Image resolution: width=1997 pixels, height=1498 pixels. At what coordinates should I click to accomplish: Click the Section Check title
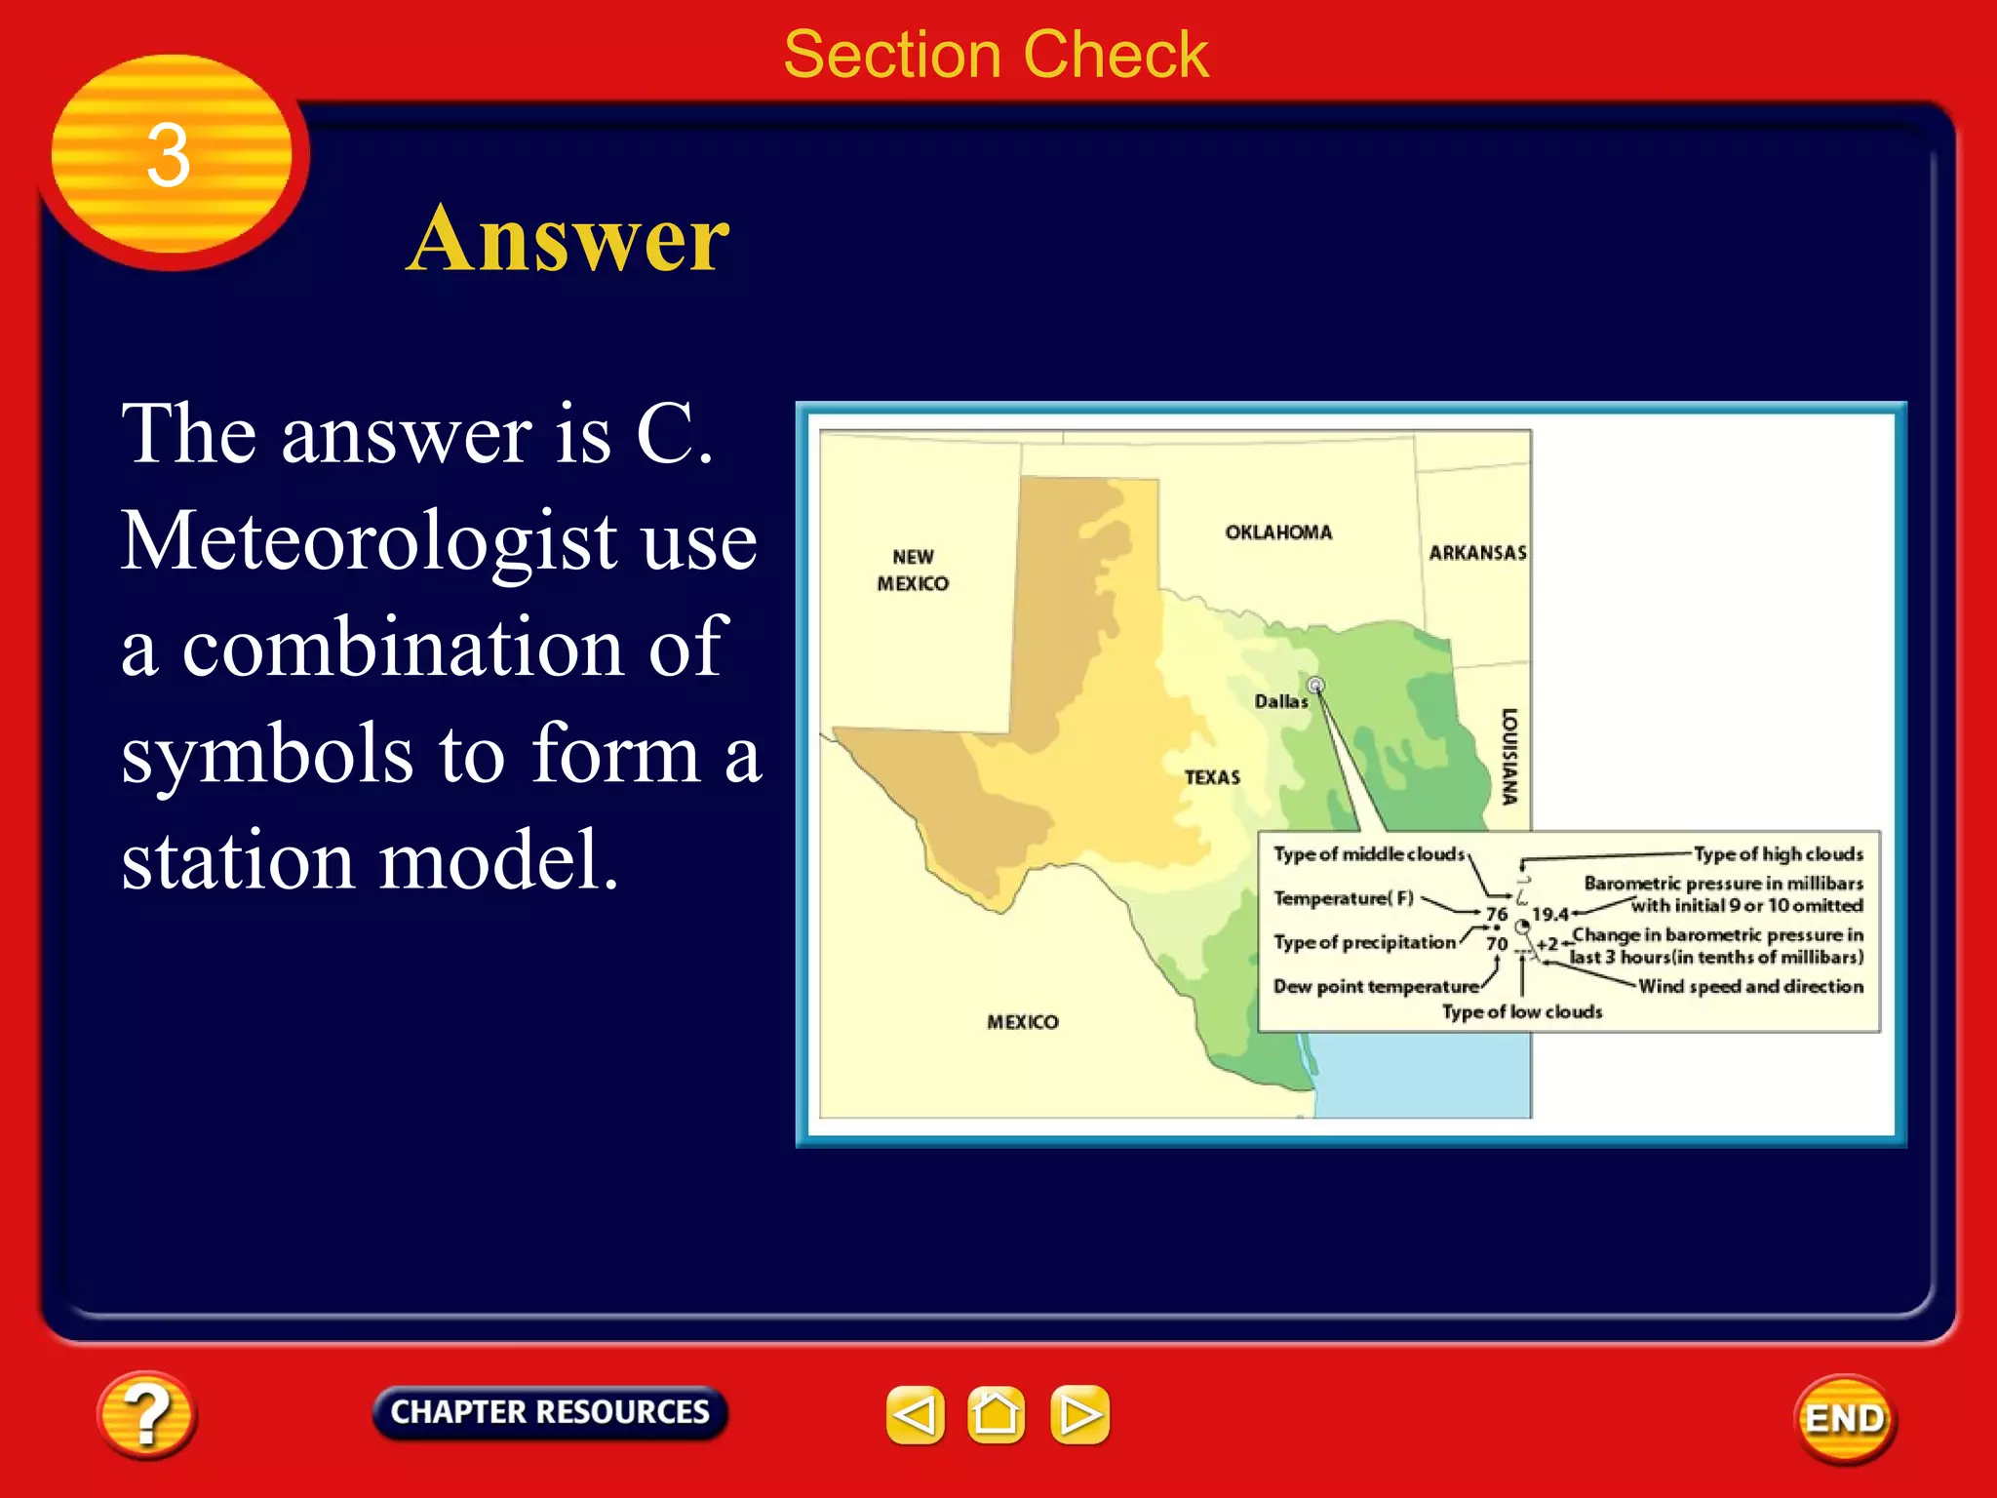996,55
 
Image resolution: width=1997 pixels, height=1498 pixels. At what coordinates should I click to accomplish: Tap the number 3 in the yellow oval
168,156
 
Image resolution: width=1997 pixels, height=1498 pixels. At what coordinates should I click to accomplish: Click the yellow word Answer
568,239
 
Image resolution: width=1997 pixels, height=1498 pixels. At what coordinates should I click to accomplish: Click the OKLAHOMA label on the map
1278,532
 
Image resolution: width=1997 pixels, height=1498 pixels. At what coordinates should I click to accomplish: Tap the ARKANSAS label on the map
1477,553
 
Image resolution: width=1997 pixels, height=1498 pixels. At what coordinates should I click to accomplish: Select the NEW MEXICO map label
913,571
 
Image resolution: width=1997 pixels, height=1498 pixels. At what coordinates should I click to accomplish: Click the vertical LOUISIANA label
1509,757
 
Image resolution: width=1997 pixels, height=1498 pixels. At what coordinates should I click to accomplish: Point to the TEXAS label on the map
1212,777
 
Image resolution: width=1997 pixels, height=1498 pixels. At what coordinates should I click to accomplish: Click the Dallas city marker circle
1315,685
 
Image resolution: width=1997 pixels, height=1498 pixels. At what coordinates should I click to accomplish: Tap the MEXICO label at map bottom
1022,1022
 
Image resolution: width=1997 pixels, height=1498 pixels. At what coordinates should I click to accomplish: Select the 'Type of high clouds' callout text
1778,854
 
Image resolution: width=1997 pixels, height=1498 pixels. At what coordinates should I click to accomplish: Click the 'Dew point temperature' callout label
1375,987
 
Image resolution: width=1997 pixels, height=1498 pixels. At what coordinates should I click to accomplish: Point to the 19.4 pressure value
1549,914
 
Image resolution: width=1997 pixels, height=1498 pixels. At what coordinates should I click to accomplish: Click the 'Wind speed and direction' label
1750,986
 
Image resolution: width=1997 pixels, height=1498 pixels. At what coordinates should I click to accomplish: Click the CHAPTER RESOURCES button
550,1412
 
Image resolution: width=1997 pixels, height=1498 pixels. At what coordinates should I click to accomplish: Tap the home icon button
996,1414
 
